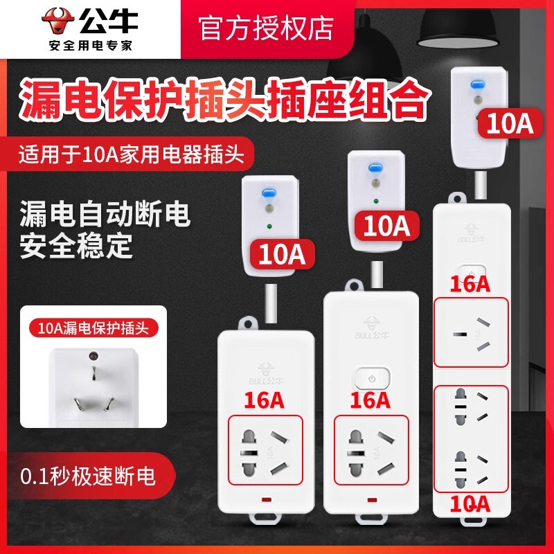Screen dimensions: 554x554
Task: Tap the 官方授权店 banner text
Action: point(267,28)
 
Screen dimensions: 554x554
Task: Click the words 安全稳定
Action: point(76,247)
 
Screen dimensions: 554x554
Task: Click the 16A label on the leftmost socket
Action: point(267,400)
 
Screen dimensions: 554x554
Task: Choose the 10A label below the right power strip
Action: point(471,504)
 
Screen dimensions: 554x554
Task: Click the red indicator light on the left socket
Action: point(266,499)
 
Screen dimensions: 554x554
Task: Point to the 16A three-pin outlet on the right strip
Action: point(471,332)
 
